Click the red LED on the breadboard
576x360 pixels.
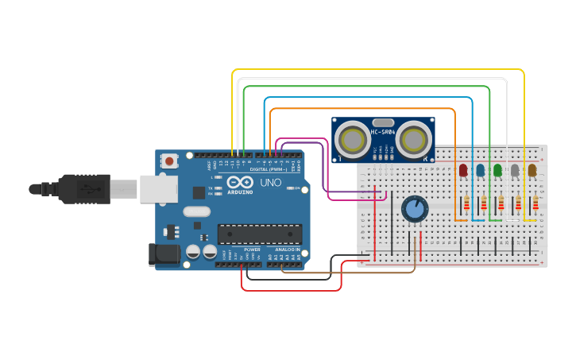point(463,170)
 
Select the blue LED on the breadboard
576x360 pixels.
point(481,170)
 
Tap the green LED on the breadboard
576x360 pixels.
point(498,170)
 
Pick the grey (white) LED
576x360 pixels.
point(515,170)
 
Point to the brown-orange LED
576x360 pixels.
point(532,170)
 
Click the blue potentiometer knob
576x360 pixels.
point(414,210)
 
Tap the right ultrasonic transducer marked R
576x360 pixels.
point(414,140)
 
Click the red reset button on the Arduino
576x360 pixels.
point(169,161)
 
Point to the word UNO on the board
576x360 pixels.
point(271,183)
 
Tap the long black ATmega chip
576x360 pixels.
point(260,234)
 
